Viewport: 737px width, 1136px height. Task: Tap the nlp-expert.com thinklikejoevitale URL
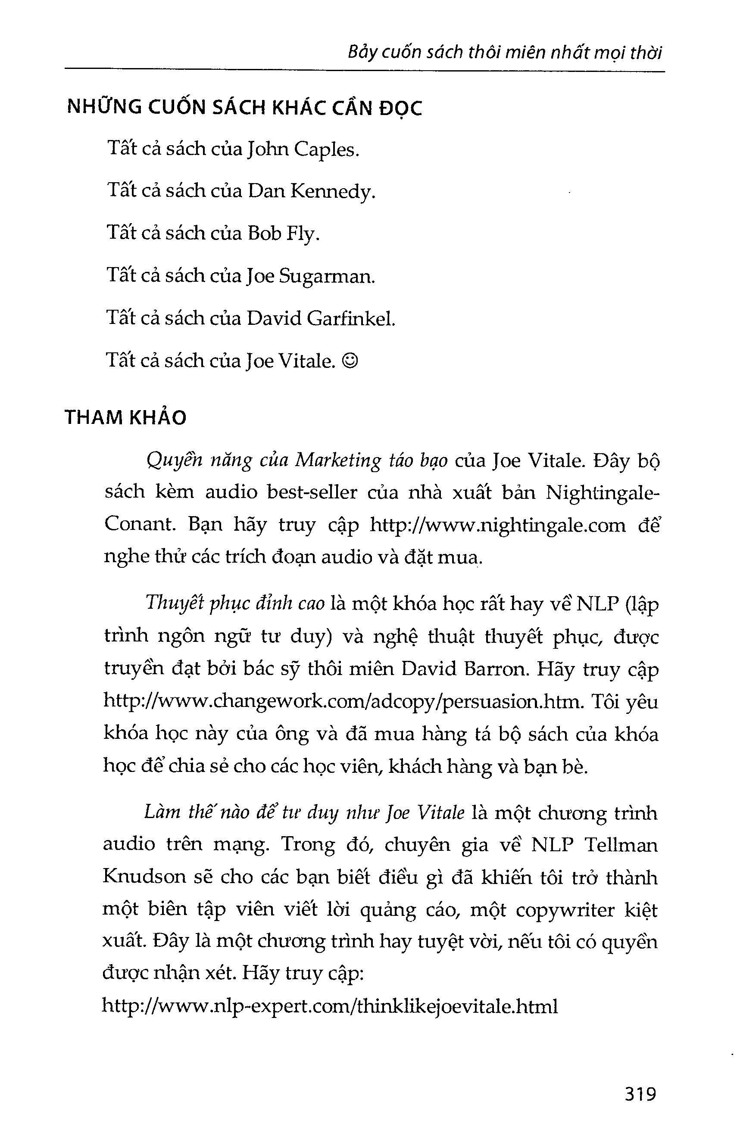click(x=330, y=1007)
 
